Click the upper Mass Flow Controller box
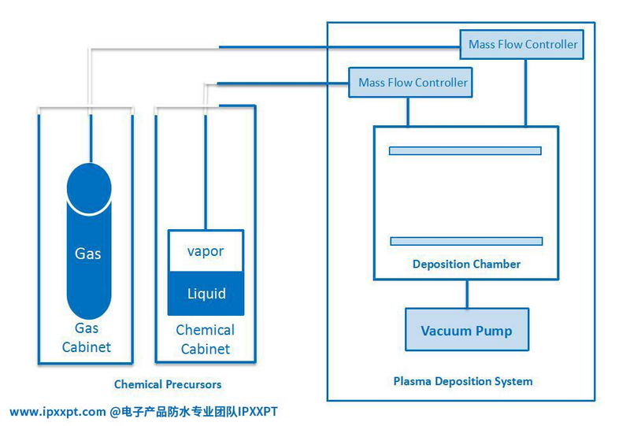523,45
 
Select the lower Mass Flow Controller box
413,83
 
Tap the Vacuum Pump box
466,330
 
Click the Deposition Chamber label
466,264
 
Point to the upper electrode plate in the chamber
465,150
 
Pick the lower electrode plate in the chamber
465,241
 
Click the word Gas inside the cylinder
88,254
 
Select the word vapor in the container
206,251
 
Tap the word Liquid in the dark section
206,294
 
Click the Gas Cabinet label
87,338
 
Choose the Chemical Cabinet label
205,339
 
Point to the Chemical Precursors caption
168,385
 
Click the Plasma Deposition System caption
463,381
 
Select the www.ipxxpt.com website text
57,411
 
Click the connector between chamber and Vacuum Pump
467,294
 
